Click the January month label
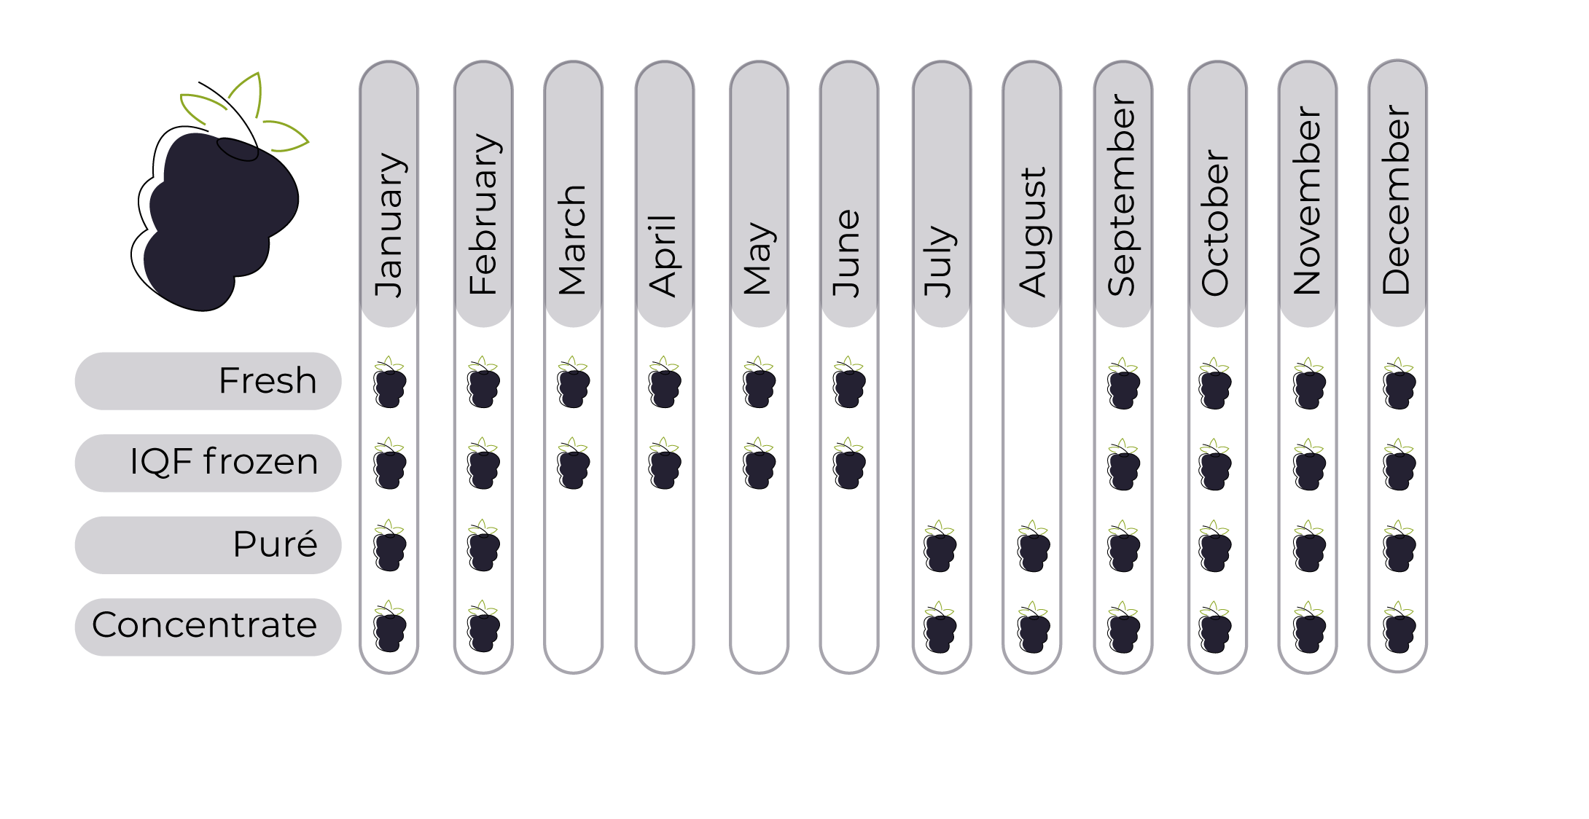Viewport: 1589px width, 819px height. click(389, 225)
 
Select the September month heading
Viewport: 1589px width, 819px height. click(1123, 196)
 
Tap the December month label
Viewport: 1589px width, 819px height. click(1397, 200)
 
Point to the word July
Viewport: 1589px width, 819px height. click(940, 261)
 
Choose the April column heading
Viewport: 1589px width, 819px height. click(663, 256)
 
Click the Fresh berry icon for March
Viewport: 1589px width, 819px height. click(573, 382)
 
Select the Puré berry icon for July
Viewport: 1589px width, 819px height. click(940, 546)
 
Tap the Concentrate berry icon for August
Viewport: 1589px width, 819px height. click(1033, 627)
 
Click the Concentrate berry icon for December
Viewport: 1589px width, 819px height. click(1399, 627)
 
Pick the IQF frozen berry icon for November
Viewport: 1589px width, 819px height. click(1308, 464)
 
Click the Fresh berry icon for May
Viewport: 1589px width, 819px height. click(758, 382)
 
